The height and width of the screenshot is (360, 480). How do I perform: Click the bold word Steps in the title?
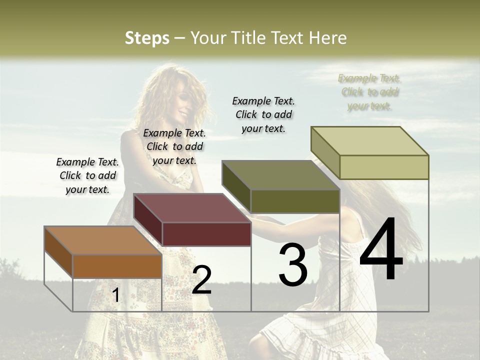click(x=147, y=38)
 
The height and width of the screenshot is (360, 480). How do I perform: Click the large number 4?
click(x=381, y=250)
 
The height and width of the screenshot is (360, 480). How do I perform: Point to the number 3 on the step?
click(x=293, y=264)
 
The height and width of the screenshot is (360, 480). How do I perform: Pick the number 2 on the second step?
click(x=201, y=280)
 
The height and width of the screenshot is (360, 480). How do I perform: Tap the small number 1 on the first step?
click(x=116, y=295)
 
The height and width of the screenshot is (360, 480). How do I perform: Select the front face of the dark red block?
click(x=206, y=234)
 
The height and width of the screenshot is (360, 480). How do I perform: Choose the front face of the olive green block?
click(x=295, y=201)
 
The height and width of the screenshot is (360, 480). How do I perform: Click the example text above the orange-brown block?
click(x=87, y=175)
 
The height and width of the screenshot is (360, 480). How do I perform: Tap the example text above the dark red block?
click(x=174, y=146)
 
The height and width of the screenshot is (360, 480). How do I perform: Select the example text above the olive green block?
click(x=263, y=114)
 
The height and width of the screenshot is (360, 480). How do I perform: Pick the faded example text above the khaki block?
click(x=369, y=92)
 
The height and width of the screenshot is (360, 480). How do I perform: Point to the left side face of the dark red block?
click(x=148, y=220)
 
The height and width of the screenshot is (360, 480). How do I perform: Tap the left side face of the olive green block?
click(x=236, y=186)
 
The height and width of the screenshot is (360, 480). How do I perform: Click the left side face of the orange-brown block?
click(x=58, y=252)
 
